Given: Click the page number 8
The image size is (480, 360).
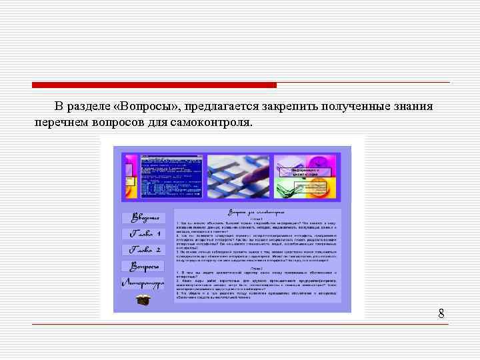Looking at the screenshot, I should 441,313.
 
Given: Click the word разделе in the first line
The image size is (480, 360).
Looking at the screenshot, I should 89,107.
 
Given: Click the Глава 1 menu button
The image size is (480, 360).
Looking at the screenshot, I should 144,234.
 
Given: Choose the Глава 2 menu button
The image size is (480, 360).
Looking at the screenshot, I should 144,251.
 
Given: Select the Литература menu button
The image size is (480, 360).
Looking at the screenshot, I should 143,283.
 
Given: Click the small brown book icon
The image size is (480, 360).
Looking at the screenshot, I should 143,299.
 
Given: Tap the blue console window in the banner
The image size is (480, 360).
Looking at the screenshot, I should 161,177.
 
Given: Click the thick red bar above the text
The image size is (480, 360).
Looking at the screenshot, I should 154,85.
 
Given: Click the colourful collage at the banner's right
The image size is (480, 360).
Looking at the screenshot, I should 307,177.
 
